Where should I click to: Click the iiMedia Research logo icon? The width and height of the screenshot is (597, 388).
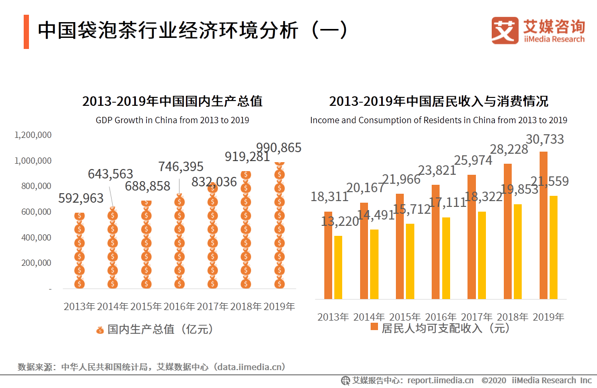click(505, 31)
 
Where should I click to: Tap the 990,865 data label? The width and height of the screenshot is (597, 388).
click(278, 148)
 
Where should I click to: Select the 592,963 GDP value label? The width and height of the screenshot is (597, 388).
click(81, 198)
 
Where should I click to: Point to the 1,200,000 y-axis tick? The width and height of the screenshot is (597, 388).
click(33, 135)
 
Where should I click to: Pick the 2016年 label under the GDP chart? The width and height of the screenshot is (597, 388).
click(179, 306)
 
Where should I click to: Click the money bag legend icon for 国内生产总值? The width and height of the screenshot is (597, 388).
click(100, 330)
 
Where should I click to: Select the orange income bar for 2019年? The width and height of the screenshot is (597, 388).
click(543, 225)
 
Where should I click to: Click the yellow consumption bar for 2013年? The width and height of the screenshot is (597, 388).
click(338, 267)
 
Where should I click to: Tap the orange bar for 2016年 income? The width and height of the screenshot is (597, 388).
click(436, 242)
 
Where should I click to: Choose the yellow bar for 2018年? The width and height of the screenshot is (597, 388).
click(518, 252)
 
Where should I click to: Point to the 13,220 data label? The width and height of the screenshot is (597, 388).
click(340, 222)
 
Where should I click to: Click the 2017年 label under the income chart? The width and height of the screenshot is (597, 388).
click(476, 317)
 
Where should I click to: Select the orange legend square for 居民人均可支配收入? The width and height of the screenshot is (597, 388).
click(374, 327)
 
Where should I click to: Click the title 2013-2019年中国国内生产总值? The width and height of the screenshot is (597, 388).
click(172, 101)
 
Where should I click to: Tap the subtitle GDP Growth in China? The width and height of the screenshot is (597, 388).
click(172, 120)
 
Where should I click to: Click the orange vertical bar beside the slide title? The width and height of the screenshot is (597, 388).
click(26, 32)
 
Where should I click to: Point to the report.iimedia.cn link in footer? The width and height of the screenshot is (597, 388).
click(440, 380)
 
